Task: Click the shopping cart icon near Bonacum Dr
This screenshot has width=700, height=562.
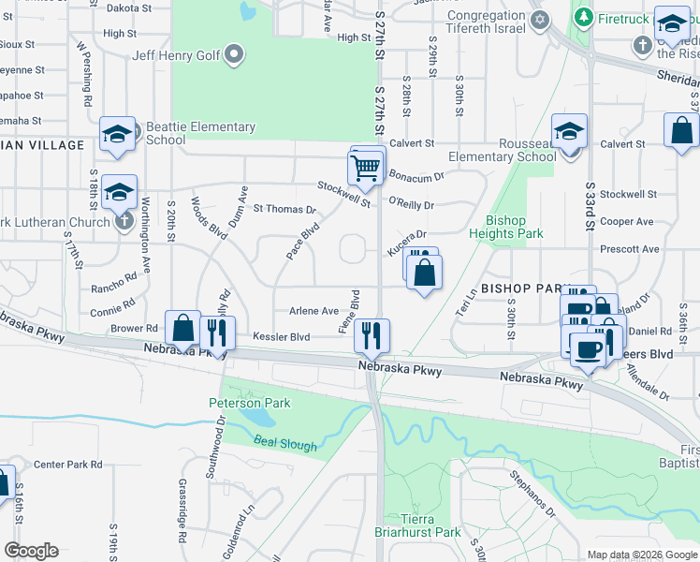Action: pos(366,169)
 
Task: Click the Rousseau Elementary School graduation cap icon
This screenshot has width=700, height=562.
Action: pos(568,133)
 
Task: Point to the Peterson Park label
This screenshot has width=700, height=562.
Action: pos(249,404)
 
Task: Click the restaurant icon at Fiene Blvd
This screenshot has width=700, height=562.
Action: pos(372,334)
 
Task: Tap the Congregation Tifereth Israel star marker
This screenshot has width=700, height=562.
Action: pos(539,20)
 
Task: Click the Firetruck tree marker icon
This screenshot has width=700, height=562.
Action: pos(584,17)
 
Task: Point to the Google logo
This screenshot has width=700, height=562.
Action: pos(31,551)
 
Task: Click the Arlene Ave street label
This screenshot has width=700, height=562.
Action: pos(314,311)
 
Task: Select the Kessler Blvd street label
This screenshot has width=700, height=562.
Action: pos(287,336)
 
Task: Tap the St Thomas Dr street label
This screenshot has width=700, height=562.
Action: pos(284,210)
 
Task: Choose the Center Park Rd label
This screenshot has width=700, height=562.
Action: pos(66,464)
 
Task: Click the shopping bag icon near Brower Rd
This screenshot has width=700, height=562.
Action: pos(182,329)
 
